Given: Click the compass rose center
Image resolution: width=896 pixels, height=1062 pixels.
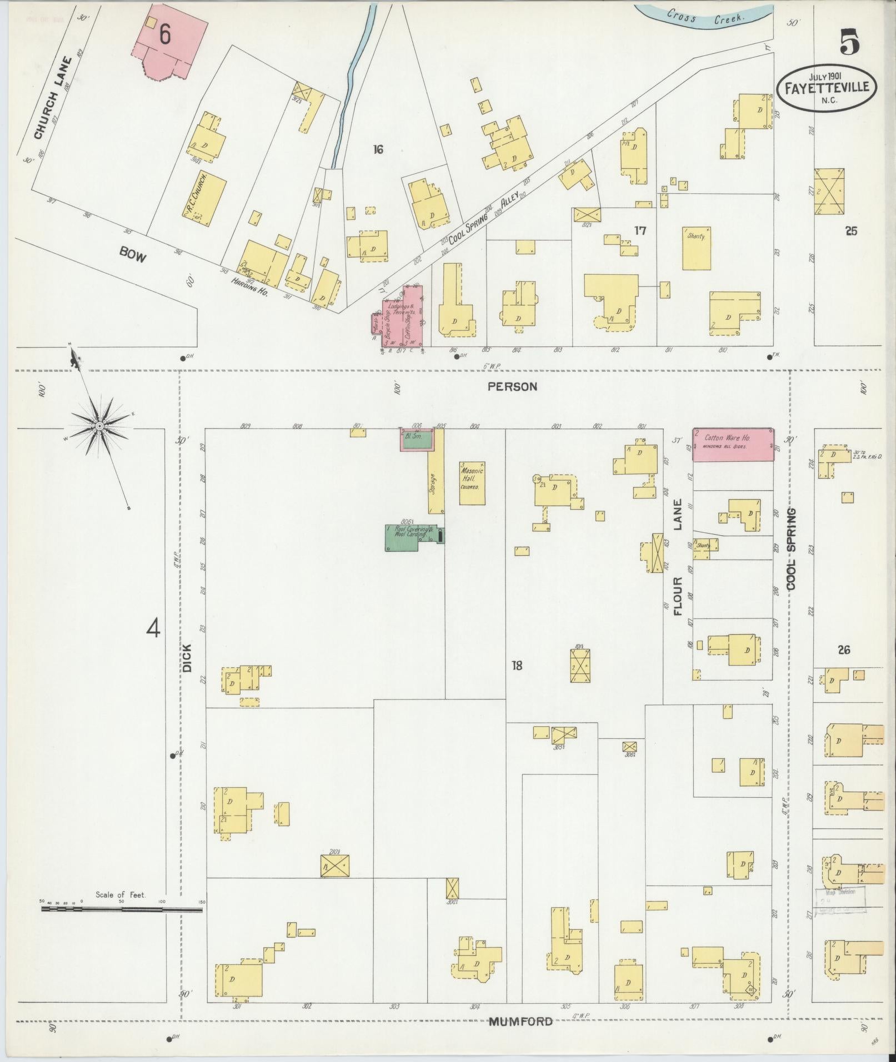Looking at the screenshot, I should (99, 426).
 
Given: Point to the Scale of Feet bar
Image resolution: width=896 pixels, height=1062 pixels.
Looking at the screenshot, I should (122, 910).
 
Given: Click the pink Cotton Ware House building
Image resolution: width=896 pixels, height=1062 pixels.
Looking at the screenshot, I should (733, 444).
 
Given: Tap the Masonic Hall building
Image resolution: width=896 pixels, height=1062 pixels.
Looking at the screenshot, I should (472, 483).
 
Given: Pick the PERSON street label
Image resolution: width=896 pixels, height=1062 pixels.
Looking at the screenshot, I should (512, 387).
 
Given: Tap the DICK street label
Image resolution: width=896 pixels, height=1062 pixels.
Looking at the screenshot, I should (187, 658).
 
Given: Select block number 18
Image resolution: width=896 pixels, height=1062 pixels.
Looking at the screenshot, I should (517, 665).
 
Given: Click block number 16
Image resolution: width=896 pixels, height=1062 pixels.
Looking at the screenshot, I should (378, 149).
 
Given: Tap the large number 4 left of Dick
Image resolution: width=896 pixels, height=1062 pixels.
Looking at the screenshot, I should (153, 628).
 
